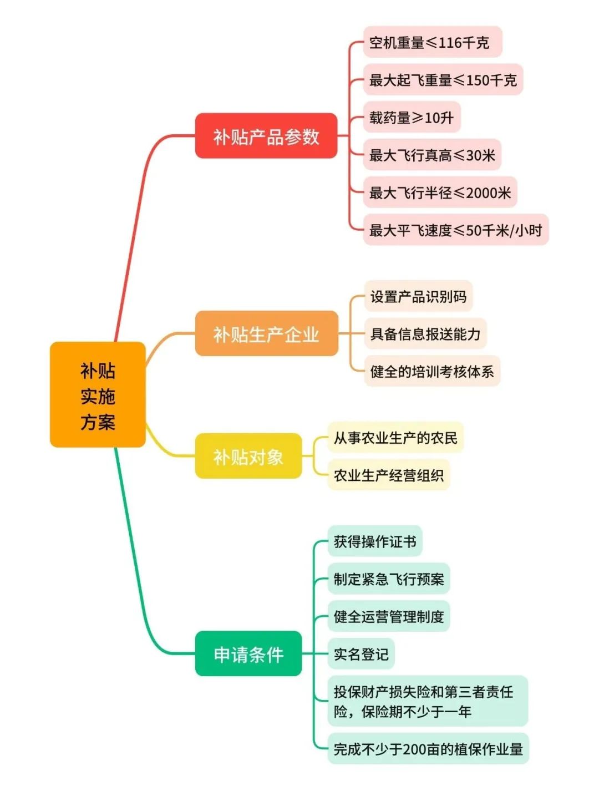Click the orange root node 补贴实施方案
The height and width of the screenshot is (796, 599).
(x=98, y=395)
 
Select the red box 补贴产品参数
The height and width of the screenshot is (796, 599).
(x=266, y=136)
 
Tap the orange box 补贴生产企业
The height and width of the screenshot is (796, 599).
(x=266, y=334)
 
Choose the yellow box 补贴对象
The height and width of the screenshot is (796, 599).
(x=248, y=456)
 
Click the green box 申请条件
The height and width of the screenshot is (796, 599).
(x=248, y=653)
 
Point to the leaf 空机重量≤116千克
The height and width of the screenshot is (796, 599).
(x=432, y=42)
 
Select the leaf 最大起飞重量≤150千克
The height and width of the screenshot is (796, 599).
(x=443, y=80)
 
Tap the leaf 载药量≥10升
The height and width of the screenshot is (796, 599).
(x=412, y=117)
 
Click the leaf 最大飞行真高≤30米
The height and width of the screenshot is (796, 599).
(x=432, y=155)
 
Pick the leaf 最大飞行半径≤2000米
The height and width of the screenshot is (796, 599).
(x=440, y=192)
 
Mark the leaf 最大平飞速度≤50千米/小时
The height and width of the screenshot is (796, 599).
(x=455, y=230)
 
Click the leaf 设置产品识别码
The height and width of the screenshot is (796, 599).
(x=418, y=296)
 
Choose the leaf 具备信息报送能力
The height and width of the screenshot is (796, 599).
(x=425, y=333)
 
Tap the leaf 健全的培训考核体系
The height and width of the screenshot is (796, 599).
(x=432, y=371)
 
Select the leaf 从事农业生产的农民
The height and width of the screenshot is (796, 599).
(x=395, y=438)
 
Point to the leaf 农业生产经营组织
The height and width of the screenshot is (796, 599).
(x=388, y=475)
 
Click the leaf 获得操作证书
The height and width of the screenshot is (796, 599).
(x=374, y=541)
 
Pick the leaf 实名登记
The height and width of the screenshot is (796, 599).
(x=361, y=654)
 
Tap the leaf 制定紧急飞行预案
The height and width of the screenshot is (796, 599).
(x=388, y=579)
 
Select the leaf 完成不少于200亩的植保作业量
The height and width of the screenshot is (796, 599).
(x=428, y=748)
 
